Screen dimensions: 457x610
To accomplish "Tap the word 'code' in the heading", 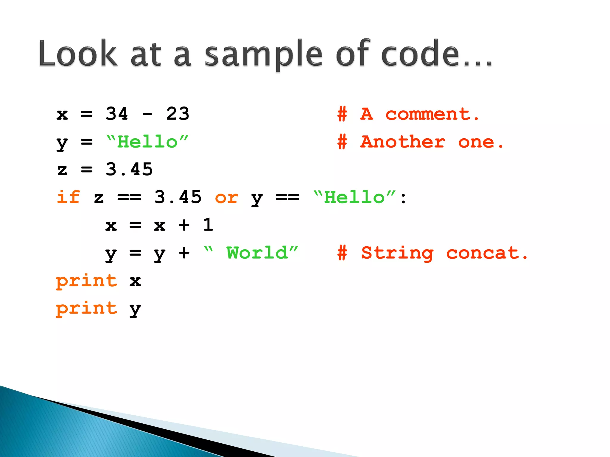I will click(420, 54).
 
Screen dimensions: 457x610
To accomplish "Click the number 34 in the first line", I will click(117, 114).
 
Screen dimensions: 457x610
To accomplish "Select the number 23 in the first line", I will click(178, 114).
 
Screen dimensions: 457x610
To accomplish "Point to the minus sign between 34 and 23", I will click(147, 114).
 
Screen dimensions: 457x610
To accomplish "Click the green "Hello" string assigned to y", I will click(147, 142).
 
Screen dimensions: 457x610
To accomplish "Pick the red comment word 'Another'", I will click(403, 142).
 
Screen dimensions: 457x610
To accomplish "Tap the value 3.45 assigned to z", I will click(129, 169).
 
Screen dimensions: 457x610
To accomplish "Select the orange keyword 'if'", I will click(68, 197).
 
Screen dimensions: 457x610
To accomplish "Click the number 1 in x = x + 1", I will click(208, 225).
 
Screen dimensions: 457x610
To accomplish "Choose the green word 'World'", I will click(257, 253).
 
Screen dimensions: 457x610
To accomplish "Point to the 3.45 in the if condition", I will click(178, 197).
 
